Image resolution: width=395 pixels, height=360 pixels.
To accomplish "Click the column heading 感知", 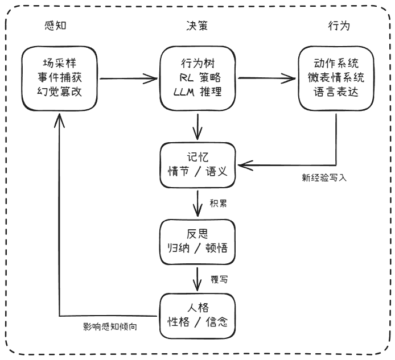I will (x=59, y=26).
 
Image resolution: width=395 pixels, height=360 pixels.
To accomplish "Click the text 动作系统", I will (x=336, y=63).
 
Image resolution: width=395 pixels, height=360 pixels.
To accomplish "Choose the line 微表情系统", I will (x=336, y=77).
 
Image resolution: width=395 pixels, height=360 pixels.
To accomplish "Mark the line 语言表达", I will (x=336, y=91).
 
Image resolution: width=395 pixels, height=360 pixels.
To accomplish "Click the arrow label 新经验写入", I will (x=324, y=177).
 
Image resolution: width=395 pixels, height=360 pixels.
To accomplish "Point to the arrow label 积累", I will (x=218, y=203).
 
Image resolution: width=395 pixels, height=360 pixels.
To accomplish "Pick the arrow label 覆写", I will (x=218, y=280).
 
